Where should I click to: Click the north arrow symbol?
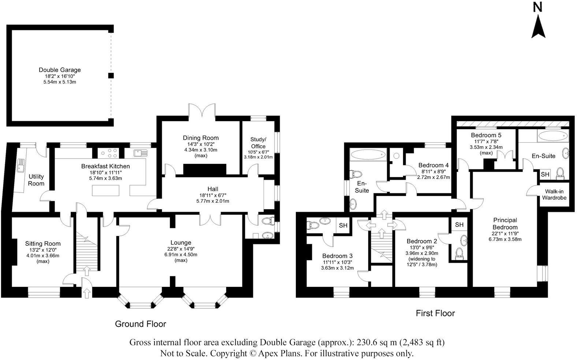pos(538,26)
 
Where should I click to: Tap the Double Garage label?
pos(60,70)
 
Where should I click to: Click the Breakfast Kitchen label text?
pos(105,166)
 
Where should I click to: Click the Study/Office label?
pos(258,143)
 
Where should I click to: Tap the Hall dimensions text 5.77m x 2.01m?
pos(213,201)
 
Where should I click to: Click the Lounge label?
pos(181,243)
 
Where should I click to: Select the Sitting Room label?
pos(43,244)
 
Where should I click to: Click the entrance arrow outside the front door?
pos(87,293)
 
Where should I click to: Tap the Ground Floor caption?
pos(140,324)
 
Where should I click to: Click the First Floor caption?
pos(435,313)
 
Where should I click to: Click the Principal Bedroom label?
pos(505,224)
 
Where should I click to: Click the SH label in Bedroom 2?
pos(459,225)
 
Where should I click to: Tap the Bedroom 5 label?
pos(486,135)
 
